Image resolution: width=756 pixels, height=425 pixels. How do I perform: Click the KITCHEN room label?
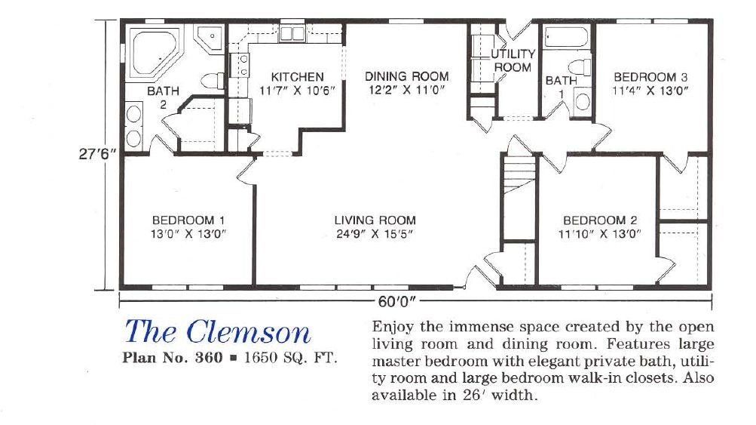coord(297,77)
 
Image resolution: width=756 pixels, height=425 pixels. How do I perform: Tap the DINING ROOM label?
coord(406,76)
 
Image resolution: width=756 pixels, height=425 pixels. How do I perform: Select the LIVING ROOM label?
coord(375,220)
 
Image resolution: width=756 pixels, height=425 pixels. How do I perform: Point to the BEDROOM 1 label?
coord(188,220)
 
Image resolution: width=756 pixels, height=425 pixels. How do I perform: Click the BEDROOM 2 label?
coord(600,220)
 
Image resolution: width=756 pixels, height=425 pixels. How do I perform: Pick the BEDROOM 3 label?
coord(650,77)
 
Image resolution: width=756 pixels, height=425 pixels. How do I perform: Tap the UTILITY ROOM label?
coord(513,60)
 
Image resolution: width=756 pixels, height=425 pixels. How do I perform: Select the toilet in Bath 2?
coord(212,80)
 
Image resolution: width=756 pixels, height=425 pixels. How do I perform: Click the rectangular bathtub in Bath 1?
coord(566,37)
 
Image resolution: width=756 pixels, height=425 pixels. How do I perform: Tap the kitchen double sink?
coord(292,33)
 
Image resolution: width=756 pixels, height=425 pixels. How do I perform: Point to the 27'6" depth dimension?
coord(98,154)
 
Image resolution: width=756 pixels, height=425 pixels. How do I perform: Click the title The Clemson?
coord(218,332)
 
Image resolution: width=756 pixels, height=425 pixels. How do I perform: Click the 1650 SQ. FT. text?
coord(290,358)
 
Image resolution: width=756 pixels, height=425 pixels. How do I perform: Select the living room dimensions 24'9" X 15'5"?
coord(375,234)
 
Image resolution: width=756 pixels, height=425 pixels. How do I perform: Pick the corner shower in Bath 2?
coord(210,38)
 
